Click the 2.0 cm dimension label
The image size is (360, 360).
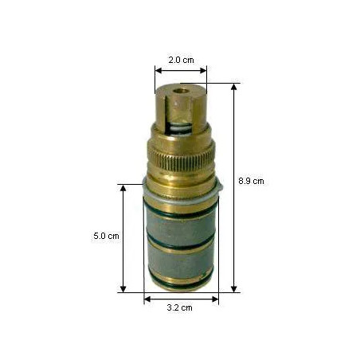tap(181, 60)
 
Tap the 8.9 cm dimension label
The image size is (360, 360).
tap(251, 181)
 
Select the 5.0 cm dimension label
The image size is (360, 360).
tap(106, 236)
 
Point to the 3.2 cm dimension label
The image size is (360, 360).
tap(179, 307)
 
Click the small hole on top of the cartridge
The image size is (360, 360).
tap(181, 92)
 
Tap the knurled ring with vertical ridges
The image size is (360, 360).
tap(182, 159)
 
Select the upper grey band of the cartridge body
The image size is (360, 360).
tap(181, 229)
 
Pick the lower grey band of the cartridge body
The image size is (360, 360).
tap(181, 261)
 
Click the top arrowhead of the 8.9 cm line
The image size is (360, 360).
tap(233, 87)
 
